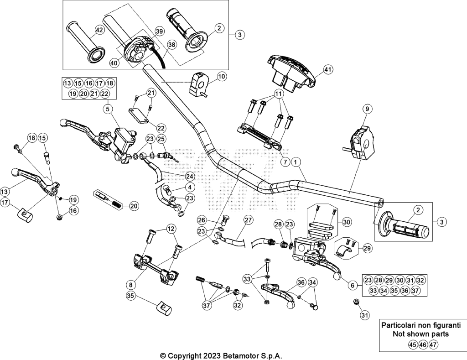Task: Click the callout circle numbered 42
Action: [99, 30]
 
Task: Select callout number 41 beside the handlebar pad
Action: [327, 70]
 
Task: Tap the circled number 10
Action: [222, 77]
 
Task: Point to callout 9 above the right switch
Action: [367, 109]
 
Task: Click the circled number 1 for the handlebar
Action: [296, 162]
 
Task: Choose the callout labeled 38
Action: [172, 45]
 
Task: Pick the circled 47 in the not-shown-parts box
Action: [434, 345]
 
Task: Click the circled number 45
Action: [412, 345]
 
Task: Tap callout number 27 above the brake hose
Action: [248, 220]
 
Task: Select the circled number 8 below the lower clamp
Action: [130, 285]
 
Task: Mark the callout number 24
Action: [189, 177]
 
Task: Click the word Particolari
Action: [398, 325]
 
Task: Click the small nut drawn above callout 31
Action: [356, 302]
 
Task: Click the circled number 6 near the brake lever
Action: [353, 285]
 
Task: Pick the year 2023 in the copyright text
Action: [212, 356]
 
